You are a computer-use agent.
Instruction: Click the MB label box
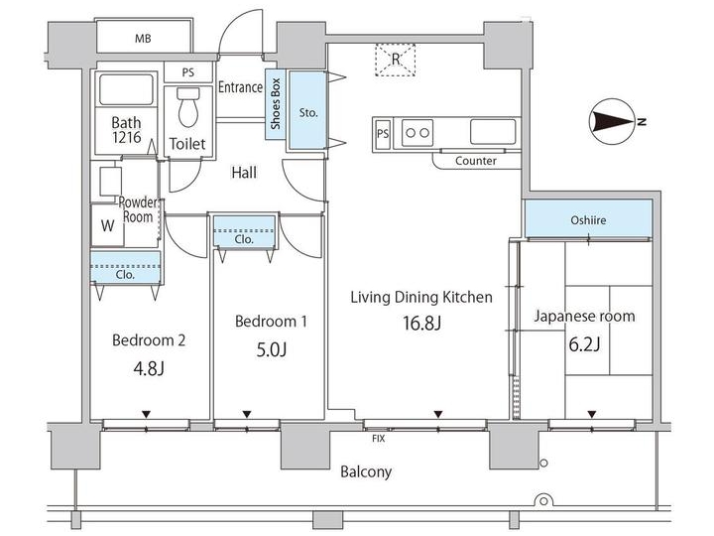pos(143,39)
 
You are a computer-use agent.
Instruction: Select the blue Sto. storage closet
pos(308,112)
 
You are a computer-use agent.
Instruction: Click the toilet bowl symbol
pos(186,106)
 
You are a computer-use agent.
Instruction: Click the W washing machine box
pos(105,224)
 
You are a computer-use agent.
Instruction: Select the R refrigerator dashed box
pos(395,62)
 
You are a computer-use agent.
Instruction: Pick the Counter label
pos(475,161)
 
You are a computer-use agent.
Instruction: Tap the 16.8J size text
pos(420,323)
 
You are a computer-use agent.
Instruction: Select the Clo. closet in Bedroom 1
pos(244,239)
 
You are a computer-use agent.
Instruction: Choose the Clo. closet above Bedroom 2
pos(125,275)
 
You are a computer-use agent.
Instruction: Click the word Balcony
pos(366,471)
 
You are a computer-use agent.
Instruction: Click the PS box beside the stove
pos(382,132)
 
